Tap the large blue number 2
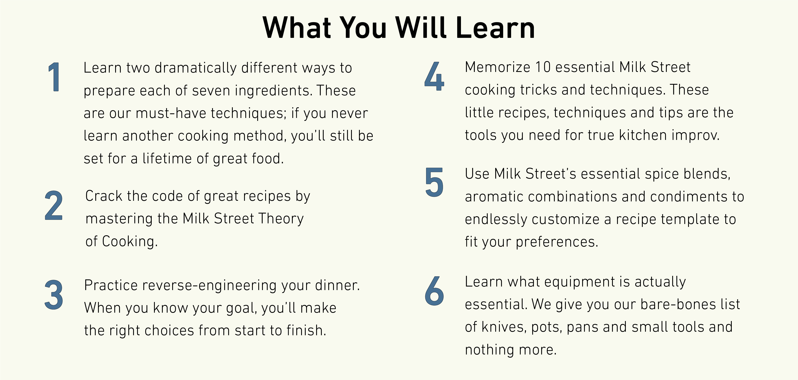(x=53, y=205)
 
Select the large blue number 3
(x=54, y=295)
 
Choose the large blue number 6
(x=434, y=291)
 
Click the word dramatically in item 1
(x=195, y=68)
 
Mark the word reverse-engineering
(x=209, y=286)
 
